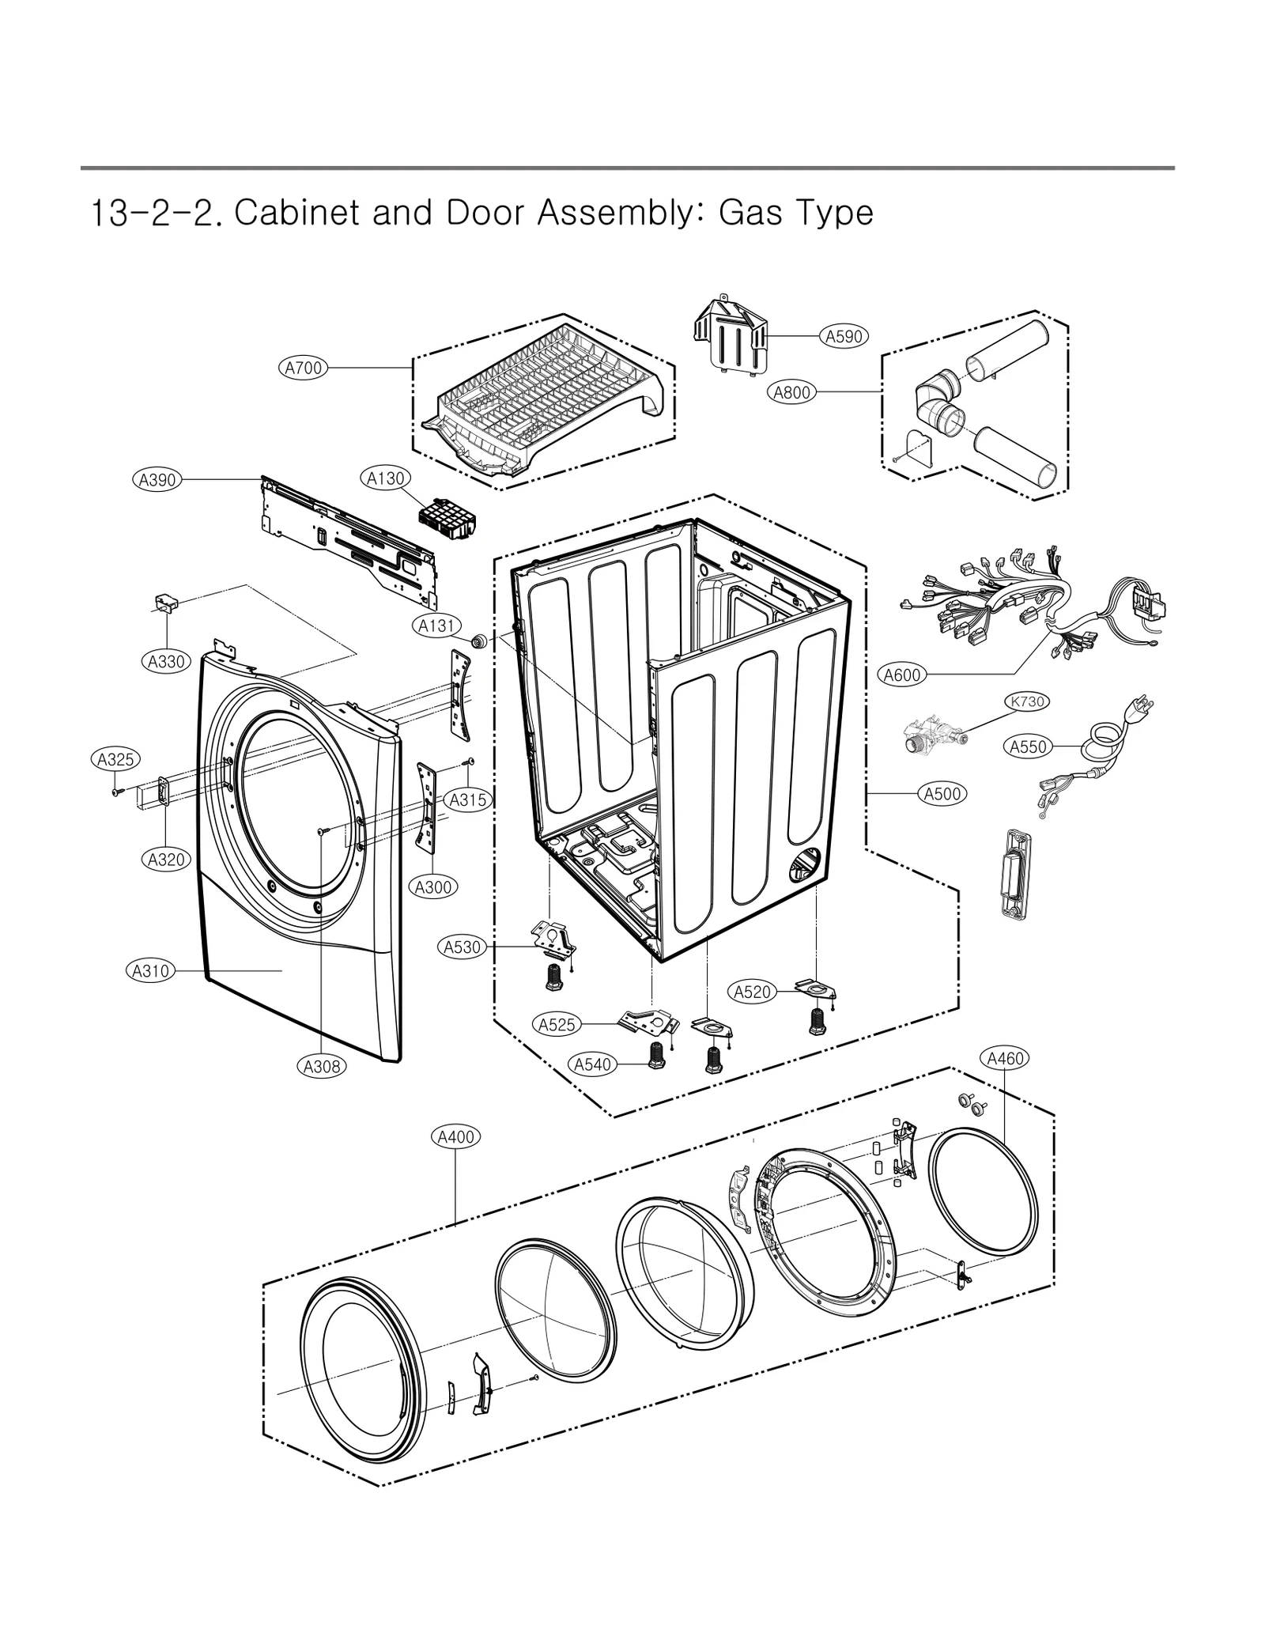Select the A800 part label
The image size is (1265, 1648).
pyautogui.click(x=791, y=392)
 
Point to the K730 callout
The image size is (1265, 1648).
pyautogui.click(x=1026, y=701)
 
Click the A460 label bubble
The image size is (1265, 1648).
pyautogui.click(x=1005, y=1058)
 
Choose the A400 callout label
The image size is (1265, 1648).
pyautogui.click(x=456, y=1137)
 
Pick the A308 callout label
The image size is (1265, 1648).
pyautogui.click(x=323, y=1067)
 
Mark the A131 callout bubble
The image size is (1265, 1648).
pyautogui.click(x=436, y=626)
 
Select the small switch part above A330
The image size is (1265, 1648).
pyautogui.click(x=166, y=603)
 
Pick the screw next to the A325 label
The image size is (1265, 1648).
pyautogui.click(x=116, y=792)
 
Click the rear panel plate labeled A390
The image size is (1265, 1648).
pyautogui.click(x=348, y=538)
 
